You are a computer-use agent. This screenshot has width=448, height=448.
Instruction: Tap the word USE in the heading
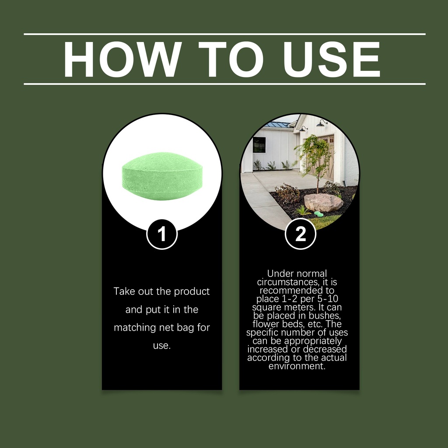[x=332, y=59]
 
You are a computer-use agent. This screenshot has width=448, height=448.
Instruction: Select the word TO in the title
[x=230, y=59]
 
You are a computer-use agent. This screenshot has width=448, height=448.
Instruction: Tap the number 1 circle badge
[x=162, y=234]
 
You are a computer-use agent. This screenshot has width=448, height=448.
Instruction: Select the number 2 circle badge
[x=300, y=234]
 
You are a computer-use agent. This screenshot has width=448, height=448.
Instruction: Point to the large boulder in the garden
[x=323, y=203]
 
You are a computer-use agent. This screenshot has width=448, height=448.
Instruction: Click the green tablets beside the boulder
[x=318, y=213]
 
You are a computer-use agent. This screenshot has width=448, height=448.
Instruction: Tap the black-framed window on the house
[x=259, y=145]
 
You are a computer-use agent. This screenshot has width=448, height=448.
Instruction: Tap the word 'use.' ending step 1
[x=162, y=346]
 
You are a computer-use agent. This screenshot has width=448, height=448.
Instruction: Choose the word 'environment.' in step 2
[x=297, y=366]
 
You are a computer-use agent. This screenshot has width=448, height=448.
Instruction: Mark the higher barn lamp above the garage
[x=322, y=123]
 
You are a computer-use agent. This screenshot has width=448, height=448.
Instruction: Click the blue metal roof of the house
[x=277, y=125]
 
